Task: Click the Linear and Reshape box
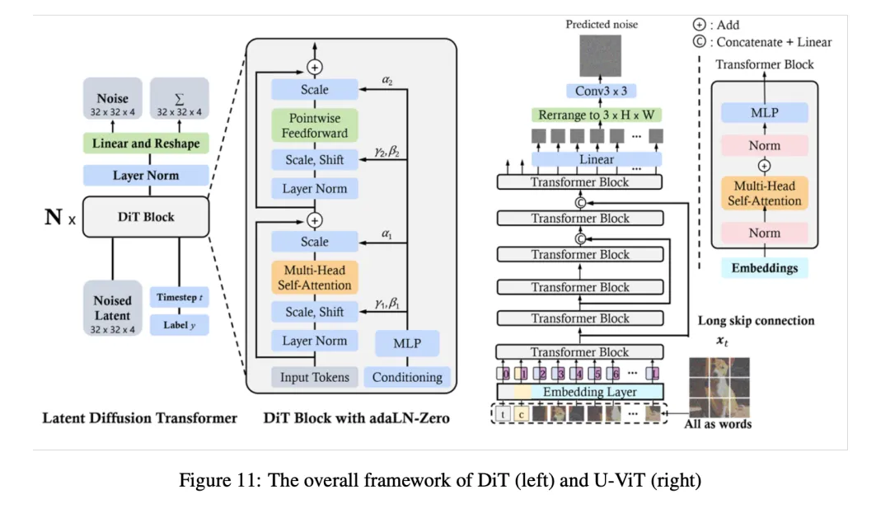(x=146, y=144)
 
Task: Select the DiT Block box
(x=146, y=217)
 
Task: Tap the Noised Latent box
(x=112, y=309)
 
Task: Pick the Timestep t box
(x=180, y=297)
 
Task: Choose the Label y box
(x=180, y=325)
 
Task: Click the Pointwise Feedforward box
(x=315, y=125)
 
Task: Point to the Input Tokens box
(x=315, y=377)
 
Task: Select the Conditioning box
(x=407, y=377)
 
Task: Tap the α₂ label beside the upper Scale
(x=387, y=80)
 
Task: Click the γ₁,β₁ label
(x=387, y=304)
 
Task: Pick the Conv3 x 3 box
(x=601, y=91)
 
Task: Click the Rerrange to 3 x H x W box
(x=597, y=115)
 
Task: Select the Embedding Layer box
(x=580, y=392)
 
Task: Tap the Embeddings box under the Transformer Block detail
(x=765, y=268)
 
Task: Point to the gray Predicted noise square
(x=601, y=55)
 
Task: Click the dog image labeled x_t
(x=719, y=388)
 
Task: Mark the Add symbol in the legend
(x=700, y=25)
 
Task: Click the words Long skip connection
(x=756, y=320)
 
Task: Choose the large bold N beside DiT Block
(x=54, y=216)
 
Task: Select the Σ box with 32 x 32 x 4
(x=180, y=98)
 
